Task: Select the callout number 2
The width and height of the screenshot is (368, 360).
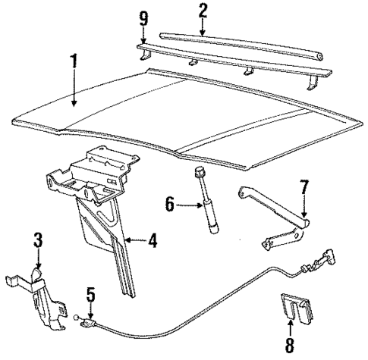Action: point(202,10)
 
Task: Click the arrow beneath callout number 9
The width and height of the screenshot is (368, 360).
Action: point(144,38)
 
